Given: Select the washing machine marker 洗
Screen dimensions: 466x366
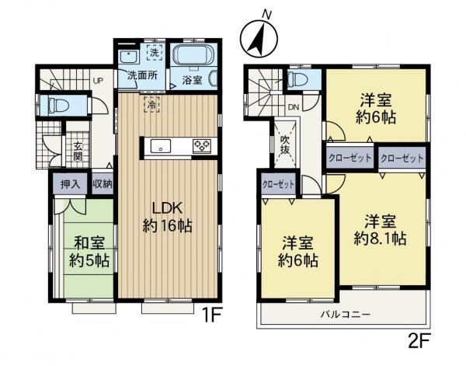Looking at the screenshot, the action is (x=155, y=52).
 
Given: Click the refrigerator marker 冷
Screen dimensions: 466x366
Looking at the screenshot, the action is (x=151, y=104).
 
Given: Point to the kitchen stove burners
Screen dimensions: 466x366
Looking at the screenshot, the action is (x=202, y=145).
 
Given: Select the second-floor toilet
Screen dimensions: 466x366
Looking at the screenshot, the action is (x=298, y=78).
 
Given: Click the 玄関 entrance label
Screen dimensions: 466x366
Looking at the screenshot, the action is (x=78, y=151).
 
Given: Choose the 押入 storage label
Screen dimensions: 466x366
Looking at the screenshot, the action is (x=71, y=184).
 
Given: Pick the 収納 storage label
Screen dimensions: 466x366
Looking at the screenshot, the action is (x=103, y=184).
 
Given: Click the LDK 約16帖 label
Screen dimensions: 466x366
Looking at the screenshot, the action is (x=167, y=217).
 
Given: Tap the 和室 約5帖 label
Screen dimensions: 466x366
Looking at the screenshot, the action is (x=89, y=251).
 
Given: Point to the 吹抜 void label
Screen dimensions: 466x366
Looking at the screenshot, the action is (x=285, y=145).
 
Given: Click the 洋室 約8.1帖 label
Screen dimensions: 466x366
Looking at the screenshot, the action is (x=380, y=229).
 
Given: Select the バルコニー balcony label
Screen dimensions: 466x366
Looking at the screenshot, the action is (x=346, y=314).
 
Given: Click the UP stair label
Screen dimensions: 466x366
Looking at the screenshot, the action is (x=98, y=81).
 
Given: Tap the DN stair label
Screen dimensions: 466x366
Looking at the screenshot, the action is (x=294, y=107).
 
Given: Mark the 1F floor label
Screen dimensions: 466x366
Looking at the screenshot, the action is (x=211, y=315).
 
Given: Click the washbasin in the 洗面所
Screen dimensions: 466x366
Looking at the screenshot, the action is (x=128, y=57).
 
